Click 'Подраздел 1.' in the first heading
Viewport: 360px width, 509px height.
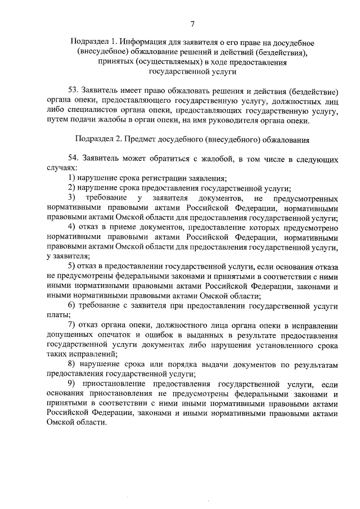[x=94, y=43]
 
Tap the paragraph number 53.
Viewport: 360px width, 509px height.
[x=73, y=91]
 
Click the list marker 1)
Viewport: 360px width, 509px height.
[x=72, y=178]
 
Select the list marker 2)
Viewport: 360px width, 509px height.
[x=72, y=188]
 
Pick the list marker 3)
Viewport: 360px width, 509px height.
[x=72, y=199]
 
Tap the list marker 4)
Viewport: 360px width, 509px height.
[x=72, y=227]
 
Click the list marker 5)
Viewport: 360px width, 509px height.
[x=72, y=266]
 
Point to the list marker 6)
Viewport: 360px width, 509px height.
[x=72, y=305]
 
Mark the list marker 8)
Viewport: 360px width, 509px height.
[x=72, y=365]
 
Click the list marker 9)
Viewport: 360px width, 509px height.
[x=72, y=384]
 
